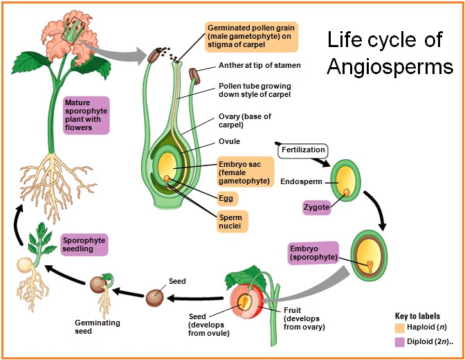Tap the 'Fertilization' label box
tap(302, 150)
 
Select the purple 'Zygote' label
tap(316, 207)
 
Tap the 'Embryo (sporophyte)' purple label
tap(313, 253)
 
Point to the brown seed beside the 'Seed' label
tap(154, 298)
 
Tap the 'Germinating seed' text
tap(98, 327)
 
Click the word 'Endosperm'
tap(302, 183)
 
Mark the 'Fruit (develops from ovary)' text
tap(304, 319)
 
